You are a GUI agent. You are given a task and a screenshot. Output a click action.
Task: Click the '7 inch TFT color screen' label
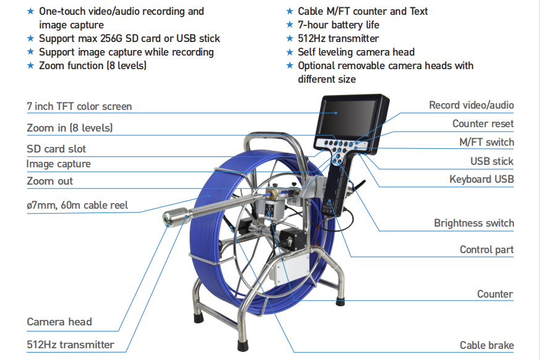(x=79, y=106)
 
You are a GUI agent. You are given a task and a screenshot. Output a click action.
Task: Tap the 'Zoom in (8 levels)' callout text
(x=70, y=128)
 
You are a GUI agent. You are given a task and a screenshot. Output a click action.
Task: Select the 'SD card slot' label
(x=56, y=149)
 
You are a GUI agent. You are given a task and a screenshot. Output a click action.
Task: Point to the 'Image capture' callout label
(x=59, y=164)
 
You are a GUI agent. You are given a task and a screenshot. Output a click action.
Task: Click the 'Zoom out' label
(x=49, y=181)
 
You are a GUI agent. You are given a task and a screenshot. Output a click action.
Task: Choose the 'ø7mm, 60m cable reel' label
(x=77, y=204)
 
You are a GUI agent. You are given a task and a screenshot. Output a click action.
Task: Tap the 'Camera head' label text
(x=59, y=322)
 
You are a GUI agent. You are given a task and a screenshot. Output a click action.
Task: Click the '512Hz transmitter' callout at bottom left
(x=70, y=345)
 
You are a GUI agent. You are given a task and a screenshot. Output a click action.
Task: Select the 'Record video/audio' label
(x=471, y=106)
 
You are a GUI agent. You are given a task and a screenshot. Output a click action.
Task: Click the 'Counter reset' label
(x=483, y=123)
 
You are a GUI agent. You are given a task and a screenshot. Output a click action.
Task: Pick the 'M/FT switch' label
(x=486, y=142)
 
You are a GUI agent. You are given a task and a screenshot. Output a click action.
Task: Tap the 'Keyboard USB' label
(x=481, y=179)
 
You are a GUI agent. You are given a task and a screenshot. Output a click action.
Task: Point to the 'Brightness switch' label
(x=473, y=223)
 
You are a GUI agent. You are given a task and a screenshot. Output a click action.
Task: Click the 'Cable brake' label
(x=486, y=345)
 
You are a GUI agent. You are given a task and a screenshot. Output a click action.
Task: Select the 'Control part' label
(x=486, y=249)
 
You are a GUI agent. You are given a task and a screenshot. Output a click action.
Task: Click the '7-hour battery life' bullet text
(x=339, y=25)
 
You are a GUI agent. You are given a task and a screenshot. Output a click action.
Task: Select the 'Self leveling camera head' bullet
(x=356, y=52)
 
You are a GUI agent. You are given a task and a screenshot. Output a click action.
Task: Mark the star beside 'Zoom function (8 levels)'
(x=30, y=65)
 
